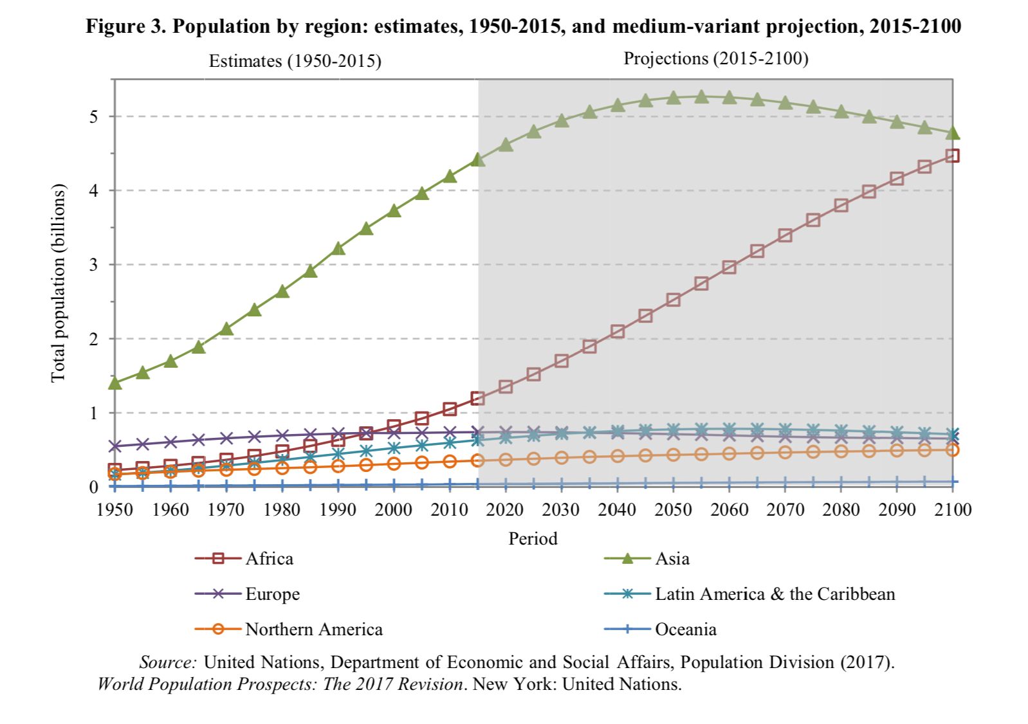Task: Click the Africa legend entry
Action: (269, 559)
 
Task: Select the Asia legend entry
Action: (672, 559)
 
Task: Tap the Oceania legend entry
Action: (685, 629)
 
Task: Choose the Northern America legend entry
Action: (313, 629)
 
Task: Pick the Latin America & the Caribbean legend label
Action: (775, 594)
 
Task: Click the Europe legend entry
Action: (272, 594)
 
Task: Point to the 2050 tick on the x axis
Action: (673, 510)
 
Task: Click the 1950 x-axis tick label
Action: (115, 510)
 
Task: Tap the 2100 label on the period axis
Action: (953, 510)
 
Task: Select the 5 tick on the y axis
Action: (95, 116)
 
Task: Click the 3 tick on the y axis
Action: (95, 264)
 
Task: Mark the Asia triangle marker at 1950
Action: (115, 383)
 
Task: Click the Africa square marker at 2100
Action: (953, 156)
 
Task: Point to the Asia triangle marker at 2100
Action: (953, 133)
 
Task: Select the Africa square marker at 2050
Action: (674, 300)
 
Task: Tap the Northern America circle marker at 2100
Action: (953, 450)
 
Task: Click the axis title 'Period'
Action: (533, 539)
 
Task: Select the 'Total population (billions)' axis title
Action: (59, 283)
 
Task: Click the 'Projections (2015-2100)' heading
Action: (715, 59)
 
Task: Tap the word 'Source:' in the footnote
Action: (167, 662)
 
